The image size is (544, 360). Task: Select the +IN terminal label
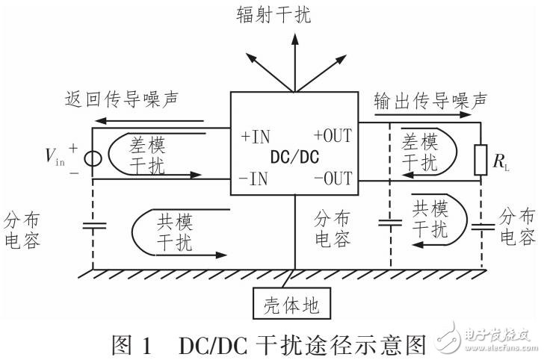[x=256, y=137]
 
